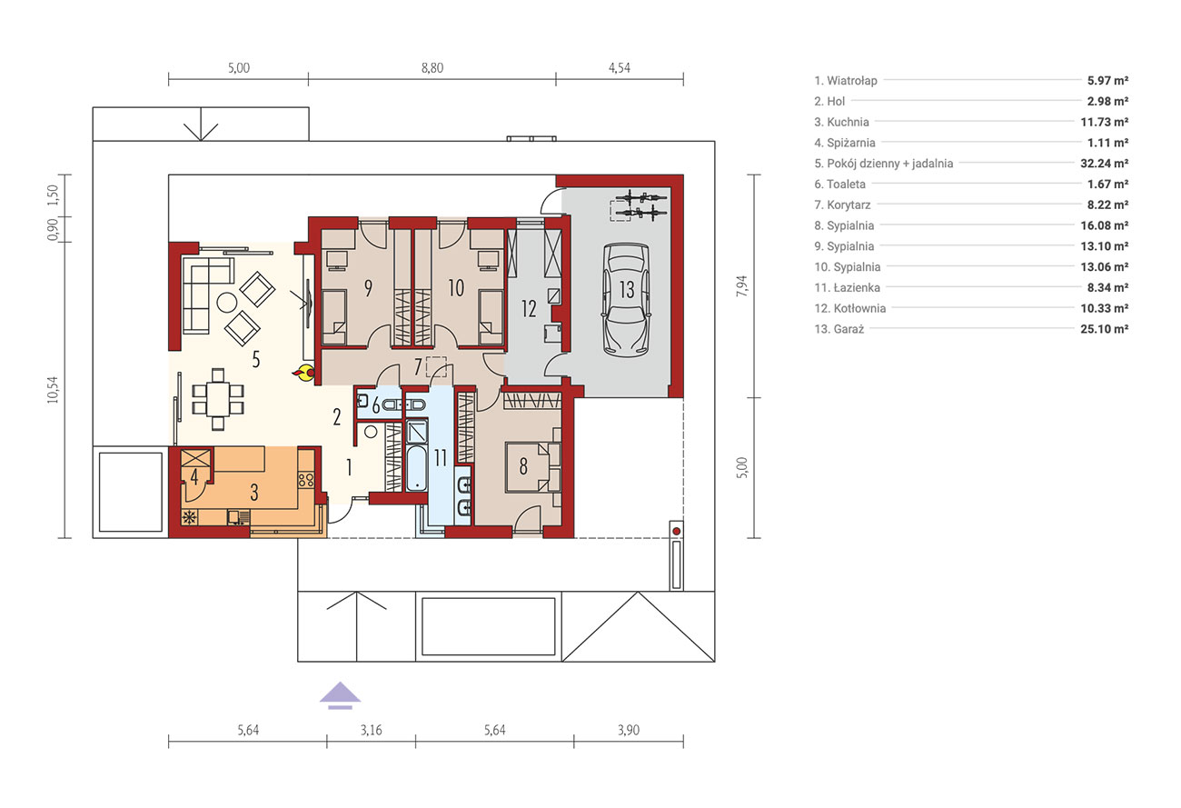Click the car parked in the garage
click(626, 300)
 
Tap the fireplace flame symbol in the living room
click(304, 372)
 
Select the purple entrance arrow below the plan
click(340, 695)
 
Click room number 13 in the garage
click(627, 290)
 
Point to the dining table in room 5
click(218, 399)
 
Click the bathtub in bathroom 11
click(416, 468)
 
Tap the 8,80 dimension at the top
click(432, 68)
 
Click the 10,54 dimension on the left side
click(54, 390)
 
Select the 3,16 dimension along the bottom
click(372, 730)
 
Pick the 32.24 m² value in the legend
click(1104, 164)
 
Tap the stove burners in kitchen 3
click(306, 479)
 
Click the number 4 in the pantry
click(194, 477)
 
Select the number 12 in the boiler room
click(529, 308)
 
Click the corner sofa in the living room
click(208, 294)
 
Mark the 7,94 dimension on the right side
click(742, 286)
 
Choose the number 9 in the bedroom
click(368, 288)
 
